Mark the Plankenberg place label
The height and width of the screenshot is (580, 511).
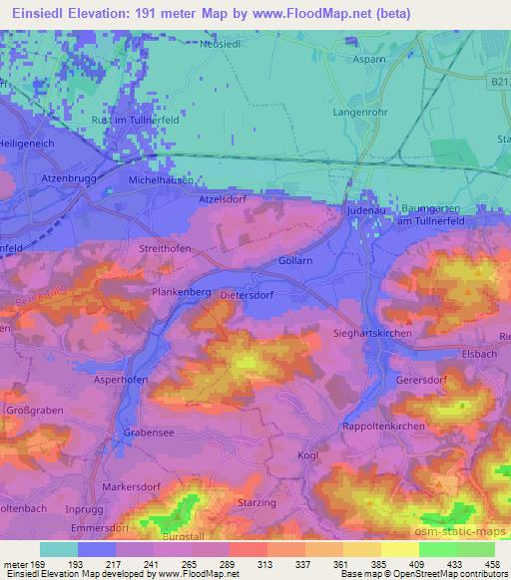coord(181,294)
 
